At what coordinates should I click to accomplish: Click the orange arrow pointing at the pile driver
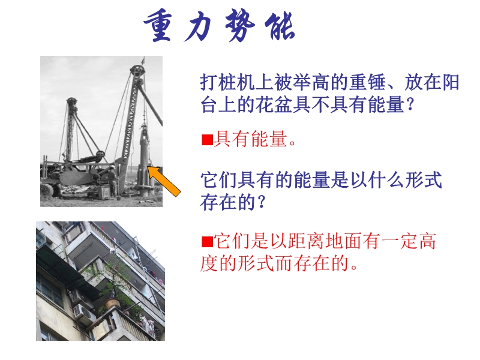pos(164,181)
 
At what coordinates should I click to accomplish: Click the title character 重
pos(157,26)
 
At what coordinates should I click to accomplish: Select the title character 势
pos(241,25)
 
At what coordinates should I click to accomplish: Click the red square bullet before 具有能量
pos(207,140)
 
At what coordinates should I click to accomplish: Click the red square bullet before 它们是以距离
pos(207,242)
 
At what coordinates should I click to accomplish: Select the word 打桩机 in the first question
pos(227,82)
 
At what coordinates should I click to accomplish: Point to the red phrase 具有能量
pos(250,139)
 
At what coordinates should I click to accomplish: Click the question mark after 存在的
pos(261,202)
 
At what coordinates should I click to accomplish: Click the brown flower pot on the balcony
pos(112,302)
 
